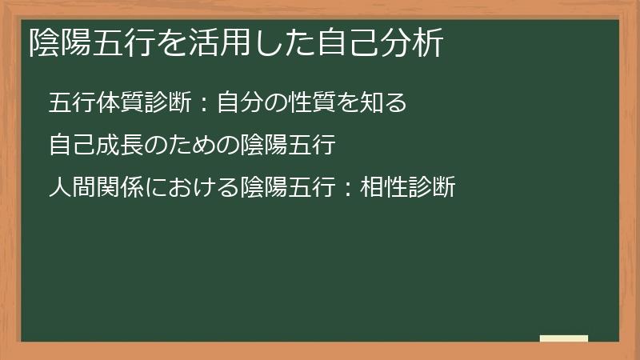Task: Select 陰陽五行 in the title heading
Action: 88,42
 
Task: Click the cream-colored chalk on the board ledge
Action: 564,339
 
